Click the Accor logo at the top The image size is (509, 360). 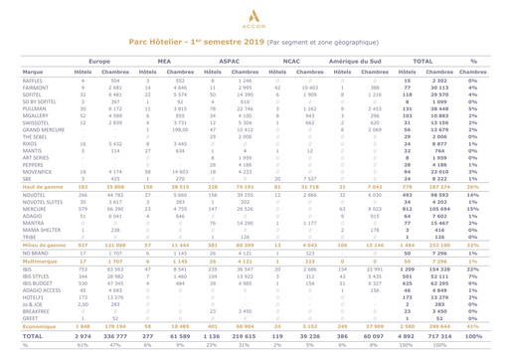click(x=254, y=17)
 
